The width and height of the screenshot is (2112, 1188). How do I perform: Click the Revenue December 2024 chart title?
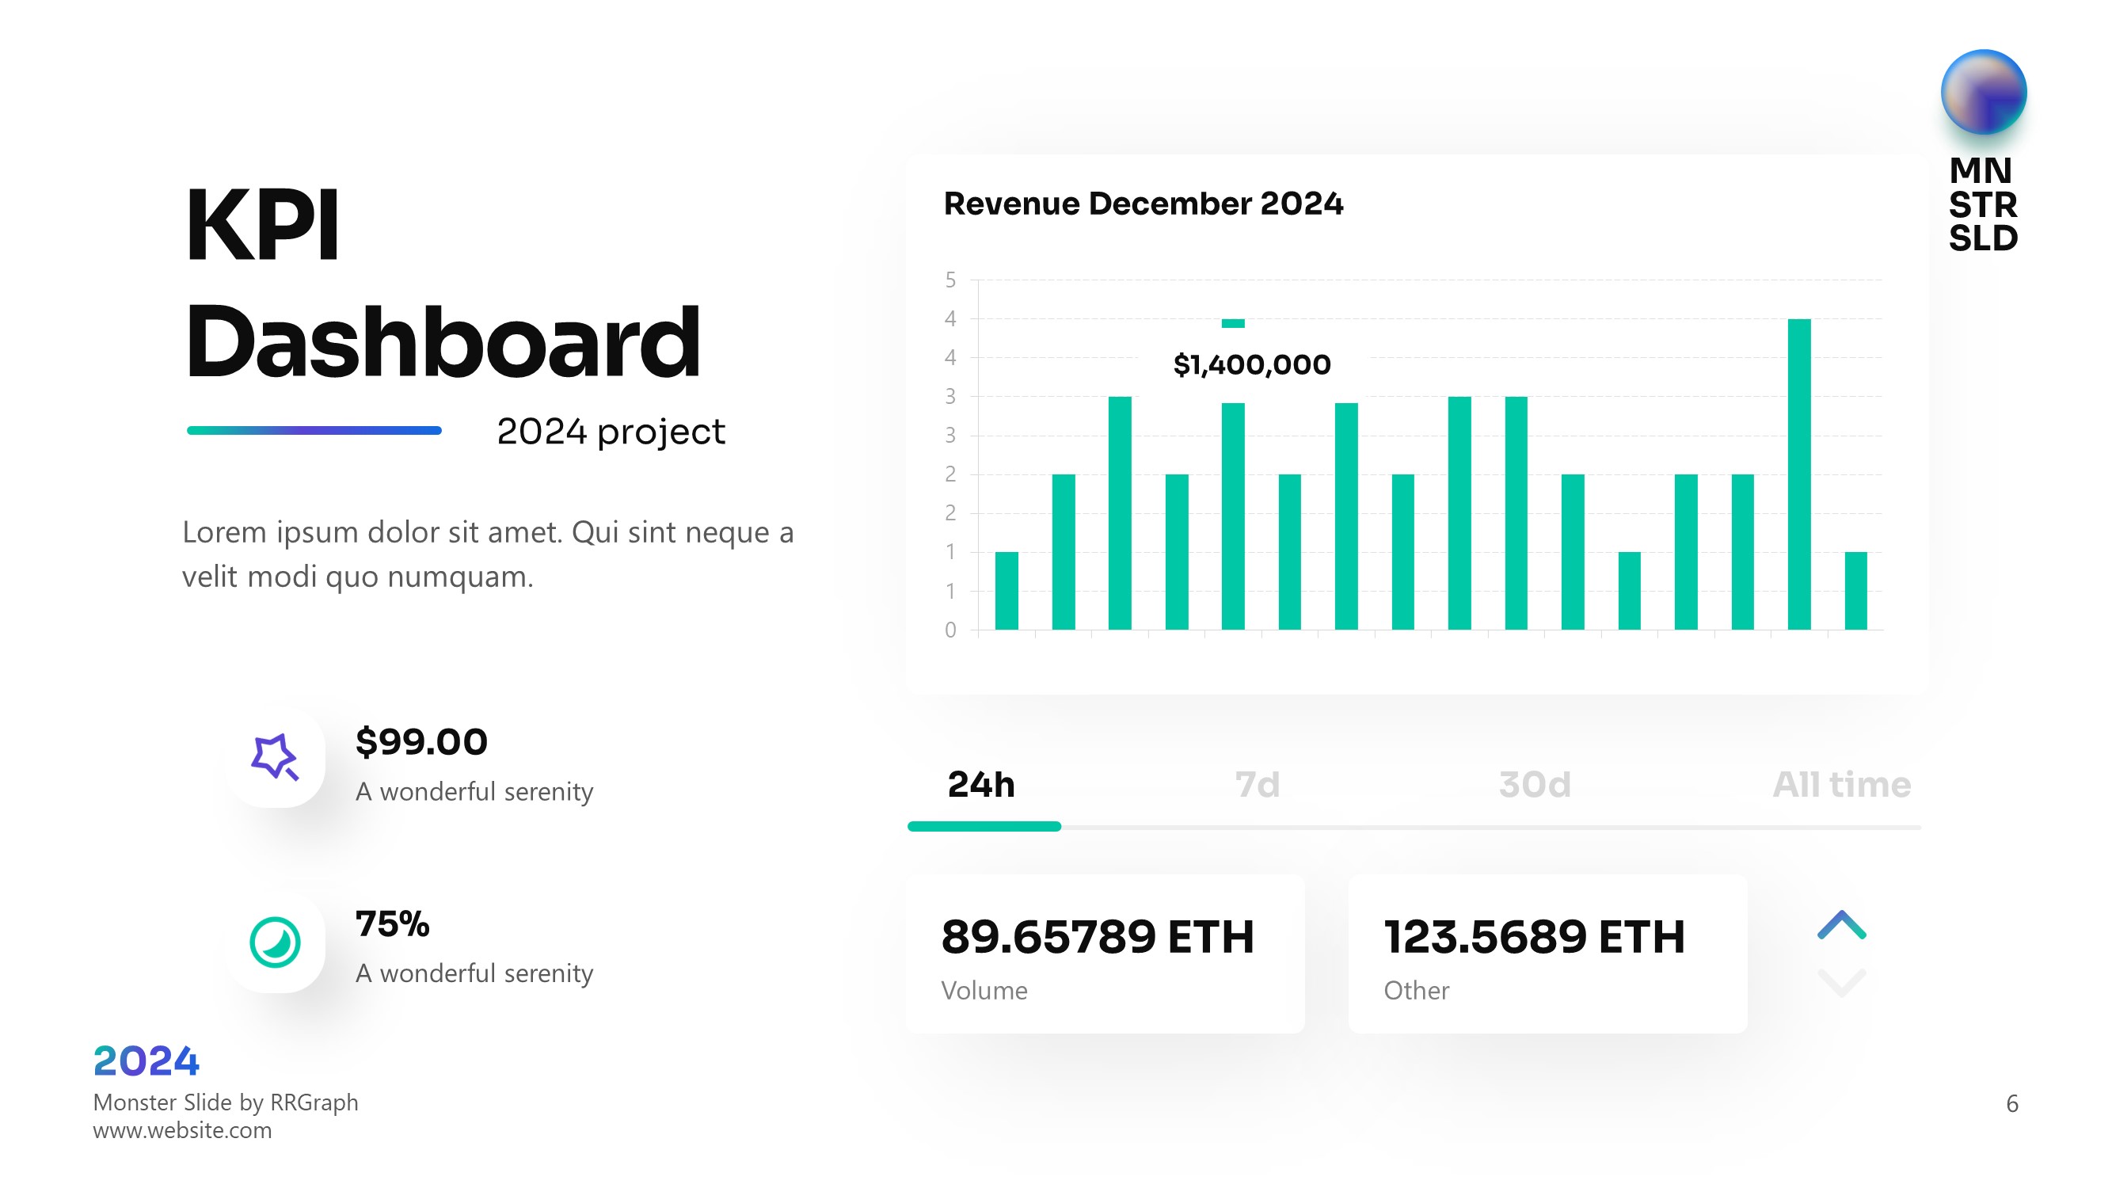pos(1143,204)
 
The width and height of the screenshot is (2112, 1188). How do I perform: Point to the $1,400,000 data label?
pos(1251,364)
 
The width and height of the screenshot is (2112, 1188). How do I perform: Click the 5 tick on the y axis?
pos(950,280)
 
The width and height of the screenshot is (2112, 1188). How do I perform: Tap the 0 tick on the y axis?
pos(950,630)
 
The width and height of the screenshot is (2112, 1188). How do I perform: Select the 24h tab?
pos(981,785)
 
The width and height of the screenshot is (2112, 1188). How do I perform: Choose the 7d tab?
pos(1257,785)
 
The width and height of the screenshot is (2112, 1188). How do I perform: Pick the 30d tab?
pos(1534,785)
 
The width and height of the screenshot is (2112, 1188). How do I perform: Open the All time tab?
pos(1841,785)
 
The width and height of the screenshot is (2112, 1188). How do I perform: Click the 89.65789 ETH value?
pos(1097,936)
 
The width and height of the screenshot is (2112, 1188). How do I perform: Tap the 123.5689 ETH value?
pos(1534,936)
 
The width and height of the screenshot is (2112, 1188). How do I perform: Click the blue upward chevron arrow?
pos(1841,925)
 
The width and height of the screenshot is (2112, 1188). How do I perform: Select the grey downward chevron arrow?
pos(1841,981)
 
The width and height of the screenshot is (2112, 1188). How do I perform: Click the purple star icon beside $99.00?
pos(275,756)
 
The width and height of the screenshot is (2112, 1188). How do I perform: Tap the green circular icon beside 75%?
pos(275,942)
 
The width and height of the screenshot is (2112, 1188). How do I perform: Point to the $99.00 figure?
pos(421,742)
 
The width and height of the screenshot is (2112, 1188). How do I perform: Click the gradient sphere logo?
pos(1983,92)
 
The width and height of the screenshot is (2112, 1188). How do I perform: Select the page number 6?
pos(2012,1103)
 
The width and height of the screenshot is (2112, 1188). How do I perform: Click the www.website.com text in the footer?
pos(182,1131)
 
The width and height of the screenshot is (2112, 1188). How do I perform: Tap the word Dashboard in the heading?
pos(443,341)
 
